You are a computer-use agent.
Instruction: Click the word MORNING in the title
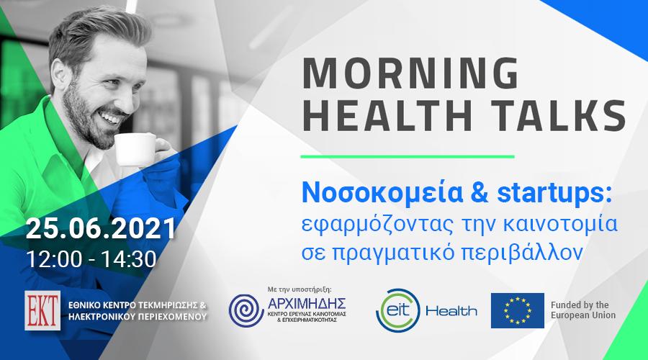(410, 73)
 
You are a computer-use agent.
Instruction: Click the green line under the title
(408, 157)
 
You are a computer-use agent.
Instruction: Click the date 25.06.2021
(101, 228)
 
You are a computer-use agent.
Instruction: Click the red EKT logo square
(42, 310)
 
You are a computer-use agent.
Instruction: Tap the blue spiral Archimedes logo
(246, 311)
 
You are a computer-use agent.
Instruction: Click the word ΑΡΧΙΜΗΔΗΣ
(307, 304)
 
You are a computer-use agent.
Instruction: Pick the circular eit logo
(398, 310)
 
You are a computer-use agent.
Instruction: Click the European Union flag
(518, 310)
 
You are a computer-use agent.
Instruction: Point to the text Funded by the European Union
(583, 310)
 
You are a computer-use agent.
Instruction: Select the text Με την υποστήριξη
(300, 289)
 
